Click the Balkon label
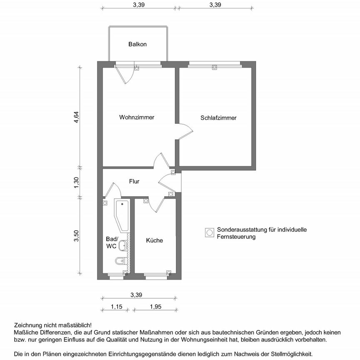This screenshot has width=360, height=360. [x=137, y=44]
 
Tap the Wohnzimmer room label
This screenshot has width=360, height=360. [x=137, y=117]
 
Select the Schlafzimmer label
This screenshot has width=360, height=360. [x=218, y=118]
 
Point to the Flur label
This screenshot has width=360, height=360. [x=134, y=182]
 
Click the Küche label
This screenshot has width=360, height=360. [x=154, y=240]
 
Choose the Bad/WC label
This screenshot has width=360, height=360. [x=112, y=242]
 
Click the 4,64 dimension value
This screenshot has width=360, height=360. [x=76, y=118]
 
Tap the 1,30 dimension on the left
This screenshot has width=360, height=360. [x=76, y=182]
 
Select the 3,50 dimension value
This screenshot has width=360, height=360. [x=76, y=236]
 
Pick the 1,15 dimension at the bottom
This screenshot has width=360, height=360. [x=116, y=307]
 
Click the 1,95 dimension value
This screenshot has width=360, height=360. [x=154, y=307]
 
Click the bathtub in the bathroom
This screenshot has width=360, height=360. [x=122, y=215]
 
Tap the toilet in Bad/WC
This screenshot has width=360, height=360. [x=120, y=261]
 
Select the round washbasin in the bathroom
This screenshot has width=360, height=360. [x=122, y=246]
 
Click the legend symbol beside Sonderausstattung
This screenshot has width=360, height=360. [x=210, y=232]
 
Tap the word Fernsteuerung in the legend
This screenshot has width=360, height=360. [x=236, y=237]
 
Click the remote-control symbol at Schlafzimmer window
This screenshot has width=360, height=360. [x=215, y=67]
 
